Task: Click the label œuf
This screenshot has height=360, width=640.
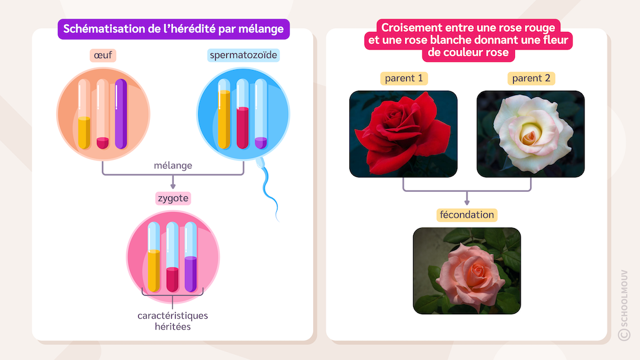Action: pos(102,56)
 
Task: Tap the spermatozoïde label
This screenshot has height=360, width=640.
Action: pos(243,56)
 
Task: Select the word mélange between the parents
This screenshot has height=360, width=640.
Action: pos(173,166)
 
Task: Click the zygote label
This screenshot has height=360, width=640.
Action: pos(172,198)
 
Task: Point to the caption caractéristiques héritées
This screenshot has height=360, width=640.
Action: pos(172,321)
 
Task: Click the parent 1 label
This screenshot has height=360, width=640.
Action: pos(404,78)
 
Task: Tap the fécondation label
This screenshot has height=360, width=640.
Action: pos(466,215)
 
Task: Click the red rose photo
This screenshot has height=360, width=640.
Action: pos(403,133)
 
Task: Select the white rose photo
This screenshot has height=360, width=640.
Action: pos(531,133)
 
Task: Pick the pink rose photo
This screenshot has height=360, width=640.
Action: pos(467,270)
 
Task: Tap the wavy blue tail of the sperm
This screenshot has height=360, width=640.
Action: pos(270,194)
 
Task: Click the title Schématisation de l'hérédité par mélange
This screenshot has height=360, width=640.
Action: pos(173,29)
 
